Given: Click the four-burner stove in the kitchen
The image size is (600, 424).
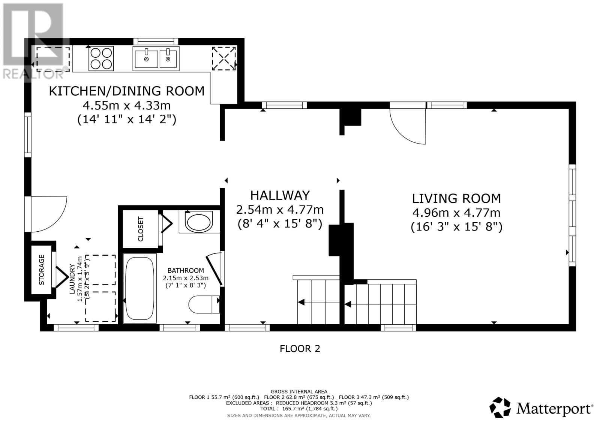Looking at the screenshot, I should [x=101, y=58].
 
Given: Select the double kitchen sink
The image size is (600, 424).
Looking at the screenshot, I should [x=156, y=58].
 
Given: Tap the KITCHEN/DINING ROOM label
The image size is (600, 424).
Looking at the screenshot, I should [x=127, y=91].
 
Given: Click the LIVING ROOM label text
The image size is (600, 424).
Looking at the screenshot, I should [x=456, y=198].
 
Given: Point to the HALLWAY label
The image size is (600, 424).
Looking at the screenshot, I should [x=280, y=195].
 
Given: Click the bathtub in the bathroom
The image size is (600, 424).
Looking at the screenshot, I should [x=140, y=288].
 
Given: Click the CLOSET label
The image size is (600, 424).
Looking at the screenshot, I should [x=141, y=229].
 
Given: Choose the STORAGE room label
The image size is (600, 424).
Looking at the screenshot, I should [x=42, y=270].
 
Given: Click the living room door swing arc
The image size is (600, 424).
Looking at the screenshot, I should [x=408, y=126].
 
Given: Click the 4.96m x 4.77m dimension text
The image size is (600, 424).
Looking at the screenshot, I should [x=456, y=213].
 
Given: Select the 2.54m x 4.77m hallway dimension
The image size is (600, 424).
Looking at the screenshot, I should [x=280, y=210].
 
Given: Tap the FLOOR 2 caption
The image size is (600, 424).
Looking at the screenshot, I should [x=300, y=349].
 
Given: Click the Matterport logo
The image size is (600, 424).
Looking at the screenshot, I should [x=541, y=408].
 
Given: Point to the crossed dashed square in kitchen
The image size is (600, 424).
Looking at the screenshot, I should [x=224, y=58].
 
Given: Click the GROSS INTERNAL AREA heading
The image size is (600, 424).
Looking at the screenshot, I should [x=299, y=391].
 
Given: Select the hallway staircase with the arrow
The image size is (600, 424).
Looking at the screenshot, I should [x=318, y=302].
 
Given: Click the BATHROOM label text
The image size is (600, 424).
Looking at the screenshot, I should [x=186, y=270].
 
